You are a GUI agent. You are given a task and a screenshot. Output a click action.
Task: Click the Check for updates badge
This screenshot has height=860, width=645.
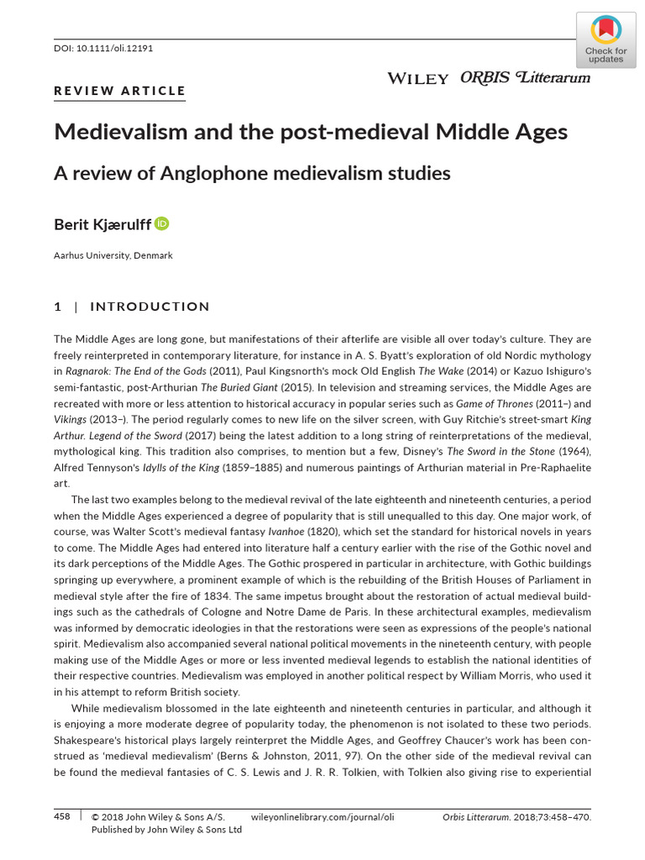[x=606, y=40]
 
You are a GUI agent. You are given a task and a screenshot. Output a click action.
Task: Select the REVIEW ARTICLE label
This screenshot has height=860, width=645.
[x=119, y=91]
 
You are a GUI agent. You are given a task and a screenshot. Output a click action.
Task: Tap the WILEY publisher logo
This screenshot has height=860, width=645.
[x=417, y=78]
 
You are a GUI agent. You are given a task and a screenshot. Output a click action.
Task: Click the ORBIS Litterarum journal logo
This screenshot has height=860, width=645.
[x=525, y=77]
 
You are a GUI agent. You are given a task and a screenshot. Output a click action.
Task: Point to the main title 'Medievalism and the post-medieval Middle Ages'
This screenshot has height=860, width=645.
[x=311, y=132]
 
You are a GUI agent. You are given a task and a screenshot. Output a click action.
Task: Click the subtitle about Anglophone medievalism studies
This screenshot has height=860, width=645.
[x=252, y=173]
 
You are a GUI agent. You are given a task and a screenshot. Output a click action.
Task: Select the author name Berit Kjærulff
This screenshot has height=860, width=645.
[x=102, y=224]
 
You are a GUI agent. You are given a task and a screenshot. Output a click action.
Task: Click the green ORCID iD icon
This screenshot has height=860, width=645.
[x=162, y=223]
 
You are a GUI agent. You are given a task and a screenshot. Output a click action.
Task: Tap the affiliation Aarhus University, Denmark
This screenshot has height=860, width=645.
[x=113, y=255]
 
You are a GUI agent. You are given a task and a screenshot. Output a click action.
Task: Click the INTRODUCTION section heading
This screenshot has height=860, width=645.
[x=149, y=307]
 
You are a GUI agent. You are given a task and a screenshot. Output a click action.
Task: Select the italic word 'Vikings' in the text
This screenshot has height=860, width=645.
[x=73, y=418]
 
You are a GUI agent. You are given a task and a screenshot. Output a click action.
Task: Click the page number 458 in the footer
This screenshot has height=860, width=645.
[x=62, y=815]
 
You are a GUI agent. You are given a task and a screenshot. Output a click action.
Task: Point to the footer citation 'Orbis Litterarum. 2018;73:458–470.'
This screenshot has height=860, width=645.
[x=517, y=815]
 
